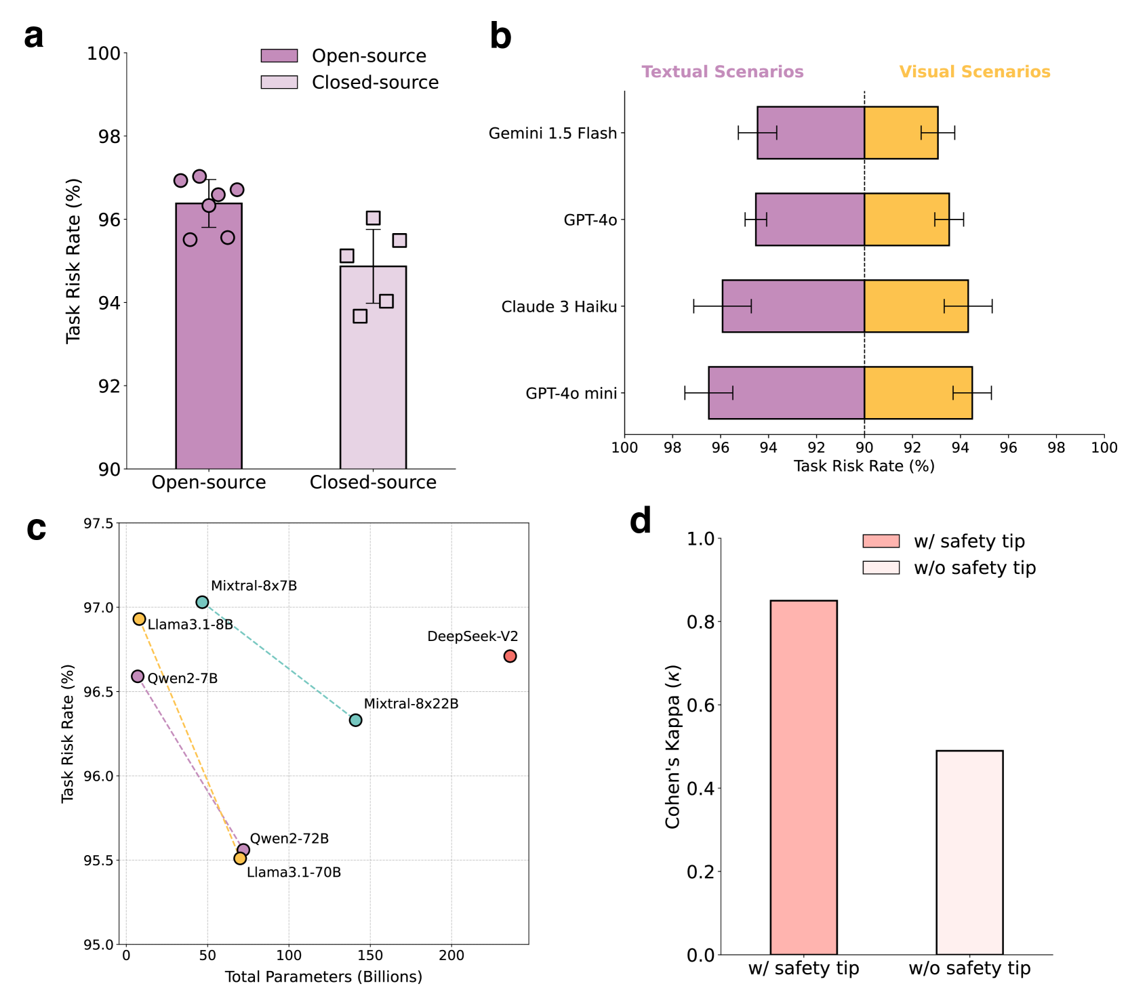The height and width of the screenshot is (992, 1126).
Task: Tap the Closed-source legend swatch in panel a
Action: point(279,82)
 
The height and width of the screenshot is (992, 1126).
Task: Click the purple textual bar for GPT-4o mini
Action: point(786,393)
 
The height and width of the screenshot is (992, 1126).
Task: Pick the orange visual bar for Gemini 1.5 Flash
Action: point(901,133)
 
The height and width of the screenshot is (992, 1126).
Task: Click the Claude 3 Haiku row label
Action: point(559,307)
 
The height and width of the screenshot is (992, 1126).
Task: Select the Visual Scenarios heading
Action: point(974,72)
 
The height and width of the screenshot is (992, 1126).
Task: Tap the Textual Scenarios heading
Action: point(723,72)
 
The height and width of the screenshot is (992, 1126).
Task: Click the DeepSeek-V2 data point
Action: point(510,656)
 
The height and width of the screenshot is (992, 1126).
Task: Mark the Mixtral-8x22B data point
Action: point(355,720)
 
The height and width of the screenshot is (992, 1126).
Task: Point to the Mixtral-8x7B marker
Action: point(202,602)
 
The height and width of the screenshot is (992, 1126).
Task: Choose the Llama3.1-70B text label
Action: point(294,872)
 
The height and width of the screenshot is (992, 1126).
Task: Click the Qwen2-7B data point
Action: point(138,676)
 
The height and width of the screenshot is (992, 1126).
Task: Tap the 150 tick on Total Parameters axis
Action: point(370,955)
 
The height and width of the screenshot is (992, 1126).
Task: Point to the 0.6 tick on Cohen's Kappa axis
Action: point(701,705)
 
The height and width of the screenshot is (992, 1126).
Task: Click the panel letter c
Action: point(37,529)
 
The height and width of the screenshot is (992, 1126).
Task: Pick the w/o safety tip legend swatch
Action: point(881,567)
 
